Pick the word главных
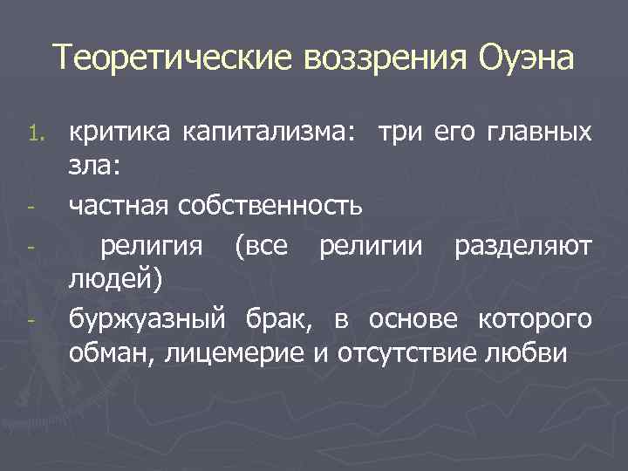pyautogui.click(x=543, y=133)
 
